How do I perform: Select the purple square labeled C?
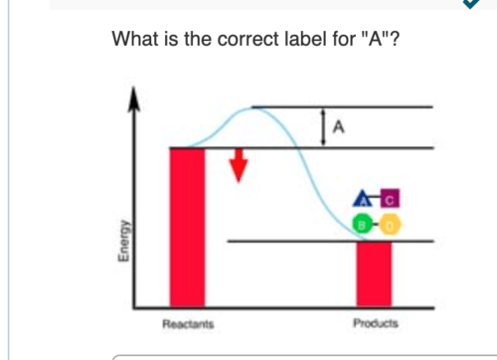coord(390,198)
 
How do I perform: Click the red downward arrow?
coord(238,166)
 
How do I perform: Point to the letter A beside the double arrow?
coord(341,126)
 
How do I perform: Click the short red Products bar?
coord(374,272)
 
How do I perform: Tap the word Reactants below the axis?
coord(187,323)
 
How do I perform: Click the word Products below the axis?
coord(375,323)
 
